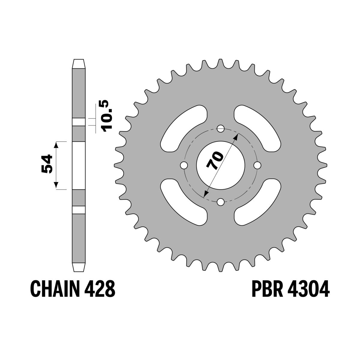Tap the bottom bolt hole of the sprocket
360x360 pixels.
click(221, 202)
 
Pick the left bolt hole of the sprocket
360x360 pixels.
click(184, 165)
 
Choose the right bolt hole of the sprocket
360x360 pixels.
click(257, 165)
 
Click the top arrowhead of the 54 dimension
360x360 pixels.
click(55, 145)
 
